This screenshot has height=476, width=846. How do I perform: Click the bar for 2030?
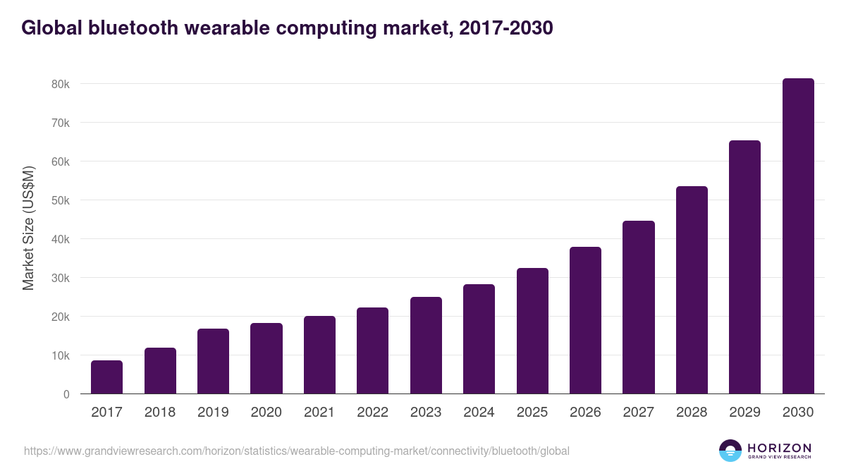[x=798, y=236]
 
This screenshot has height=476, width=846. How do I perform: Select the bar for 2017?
[x=106, y=377]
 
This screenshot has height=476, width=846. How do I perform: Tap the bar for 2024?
[x=479, y=339]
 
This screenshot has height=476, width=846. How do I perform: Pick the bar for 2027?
[x=639, y=307]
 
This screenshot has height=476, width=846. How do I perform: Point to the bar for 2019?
[x=213, y=361]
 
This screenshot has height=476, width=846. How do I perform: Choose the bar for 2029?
[x=744, y=267]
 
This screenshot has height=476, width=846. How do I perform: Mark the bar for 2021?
[x=319, y=355]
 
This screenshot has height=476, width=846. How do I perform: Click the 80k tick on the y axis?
[x=61, y=84]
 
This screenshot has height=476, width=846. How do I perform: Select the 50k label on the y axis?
[x=61, y=200]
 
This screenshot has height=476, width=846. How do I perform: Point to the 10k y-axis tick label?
[x=61, y=355]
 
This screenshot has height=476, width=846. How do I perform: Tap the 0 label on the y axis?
[x=66, y=394]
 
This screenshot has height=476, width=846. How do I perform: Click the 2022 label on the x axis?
[x=372, y=413]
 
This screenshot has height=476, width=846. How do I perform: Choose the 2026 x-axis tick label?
[x=585, y=413]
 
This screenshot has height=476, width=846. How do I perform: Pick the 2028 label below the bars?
[x=692, y=413]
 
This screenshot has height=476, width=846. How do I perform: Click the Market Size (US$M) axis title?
[x=28, y=228]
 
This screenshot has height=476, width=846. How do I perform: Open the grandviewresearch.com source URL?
[x=296, y=451]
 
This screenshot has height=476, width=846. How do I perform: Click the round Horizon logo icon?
[x=730, y=451]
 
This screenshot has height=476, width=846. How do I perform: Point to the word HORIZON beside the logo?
[x=779, y=448]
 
